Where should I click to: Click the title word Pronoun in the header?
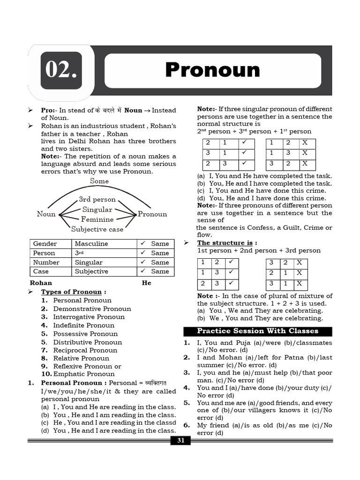[x=212, y=70]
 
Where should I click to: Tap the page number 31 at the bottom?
[x=180, y=440]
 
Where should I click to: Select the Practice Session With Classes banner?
[x=257, y=331]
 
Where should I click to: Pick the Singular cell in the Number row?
[x=88, y=262]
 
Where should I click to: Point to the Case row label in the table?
[x=41, y=271]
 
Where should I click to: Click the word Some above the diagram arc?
[x=99, y=181]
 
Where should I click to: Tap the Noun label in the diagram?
[x=46, y=214]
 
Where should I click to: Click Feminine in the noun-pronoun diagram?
[x=97, y=219]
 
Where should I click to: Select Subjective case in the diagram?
[x=97, y=229]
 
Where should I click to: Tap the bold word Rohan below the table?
[x=41, y=283]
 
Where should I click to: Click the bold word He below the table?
[x=146, y=283]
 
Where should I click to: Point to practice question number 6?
[x=186, y=425]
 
